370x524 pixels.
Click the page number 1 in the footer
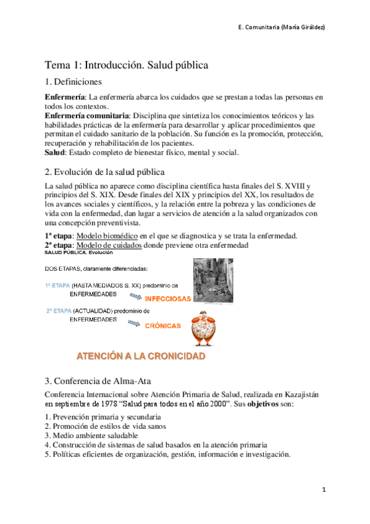click(323, 489)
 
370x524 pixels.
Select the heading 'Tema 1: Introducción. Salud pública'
click(126, 64)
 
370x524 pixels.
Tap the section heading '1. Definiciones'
click(74, 82)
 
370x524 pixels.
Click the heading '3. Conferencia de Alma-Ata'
click(96, 380)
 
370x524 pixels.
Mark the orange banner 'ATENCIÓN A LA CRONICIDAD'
click(141, 356)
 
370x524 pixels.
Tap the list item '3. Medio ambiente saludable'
click(91, 435)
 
